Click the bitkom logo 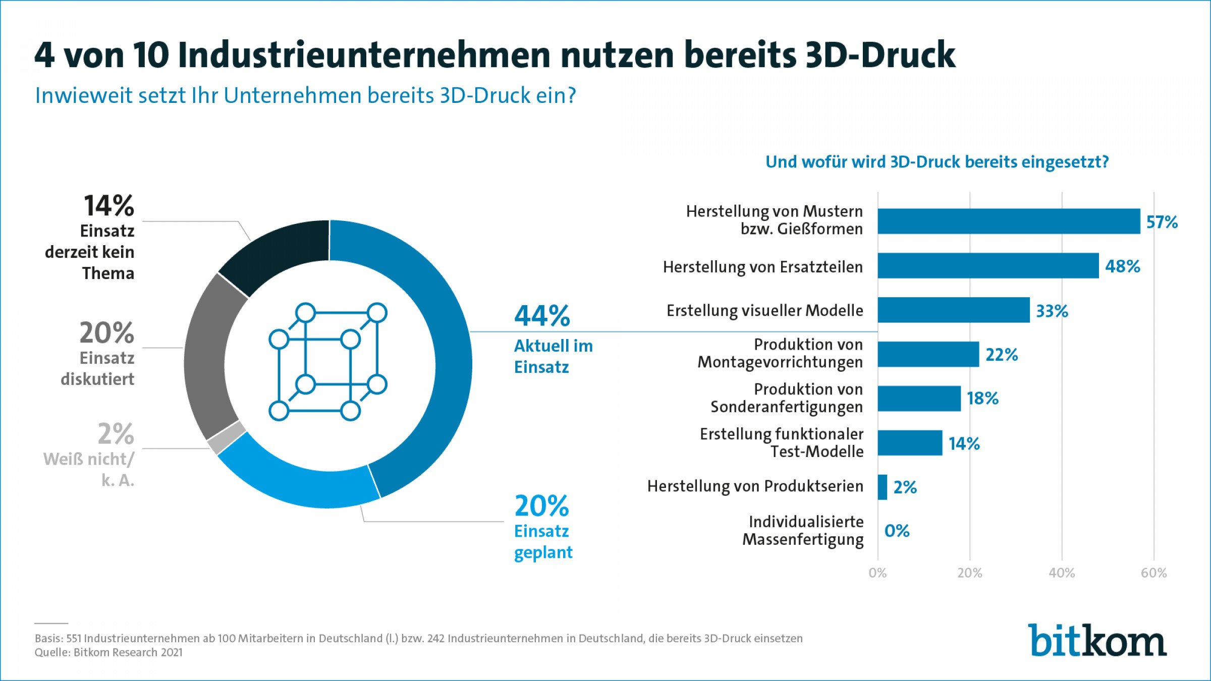tap(1097, 641)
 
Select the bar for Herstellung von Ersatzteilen tap(988, 266)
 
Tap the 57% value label tap(1162, 222)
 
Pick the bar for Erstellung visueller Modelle tap(953, 310)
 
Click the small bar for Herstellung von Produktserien tap(882, 487)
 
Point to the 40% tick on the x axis tap(1062, 573)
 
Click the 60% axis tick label tap(1153, 573)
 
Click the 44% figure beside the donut tap(542, 316)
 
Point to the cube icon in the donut tap(328, 362)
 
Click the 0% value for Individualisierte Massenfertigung tap(897, 531)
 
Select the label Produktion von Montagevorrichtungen tap(780, 353)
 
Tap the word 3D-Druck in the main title tap(880, 54)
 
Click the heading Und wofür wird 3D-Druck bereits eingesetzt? tap(937, 162)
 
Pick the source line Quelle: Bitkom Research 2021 tap(108, 652)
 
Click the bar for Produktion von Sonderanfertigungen tap(919, 399)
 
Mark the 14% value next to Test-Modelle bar tap(964, 443)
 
